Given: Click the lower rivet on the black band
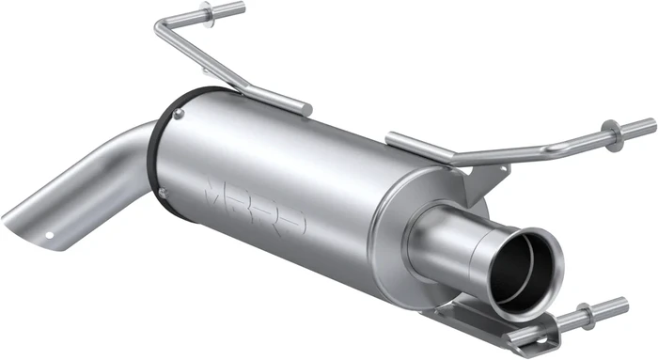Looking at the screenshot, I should click(x=163, y=193).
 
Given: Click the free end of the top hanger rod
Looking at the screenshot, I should click(x=239, y=8).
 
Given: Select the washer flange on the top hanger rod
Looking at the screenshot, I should click(x=208, y=14).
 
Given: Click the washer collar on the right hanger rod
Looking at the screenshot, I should click(x=614, y=136).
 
